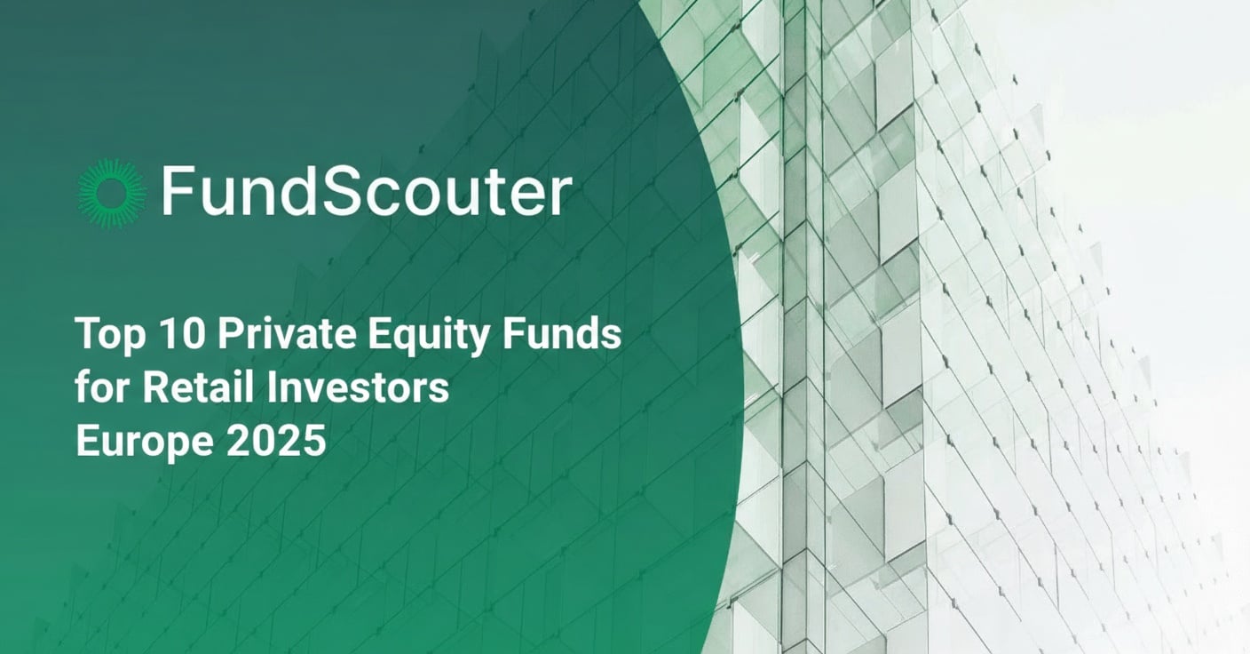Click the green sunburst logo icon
point(112,193)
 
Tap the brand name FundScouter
point(366,193)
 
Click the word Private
point(266,336)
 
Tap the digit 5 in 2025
point(316,442)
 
